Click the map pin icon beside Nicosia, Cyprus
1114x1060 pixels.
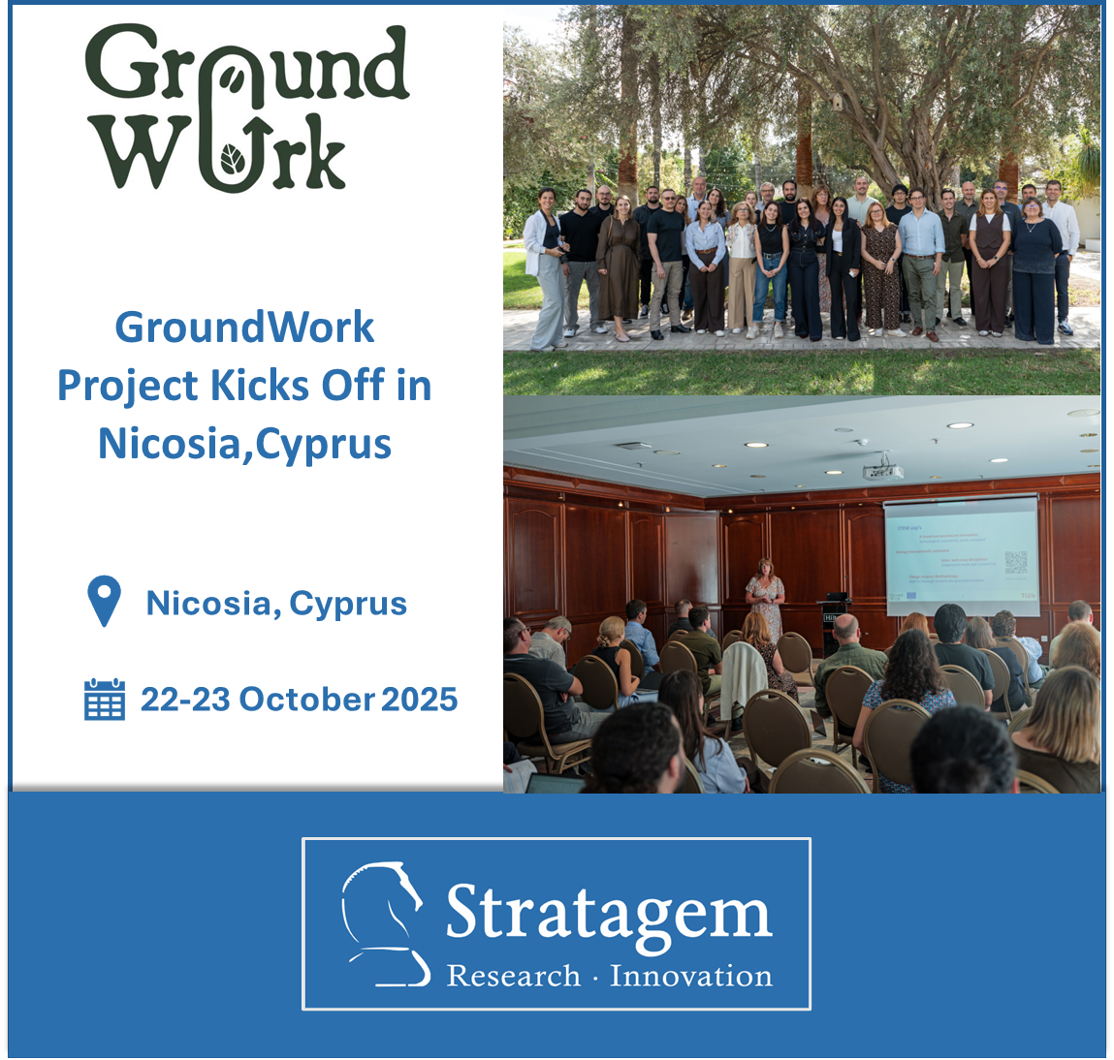click(x=104, y=601)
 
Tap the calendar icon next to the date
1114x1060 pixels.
click(x=105, y=700)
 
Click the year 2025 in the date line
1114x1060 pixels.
click(x=419, y=699)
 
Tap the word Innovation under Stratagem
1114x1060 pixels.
click(x=690, y=976)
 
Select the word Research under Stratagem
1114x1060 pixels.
click(x=513, y=976)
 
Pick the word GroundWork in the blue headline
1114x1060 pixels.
click(x=244, y=327)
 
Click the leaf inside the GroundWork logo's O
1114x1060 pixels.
click(x=234, y=158)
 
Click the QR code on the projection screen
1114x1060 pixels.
click(x=1015, y=562)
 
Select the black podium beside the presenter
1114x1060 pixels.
click(x=836, y=620)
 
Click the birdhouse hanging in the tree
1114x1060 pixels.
click(x=836, y=102)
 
